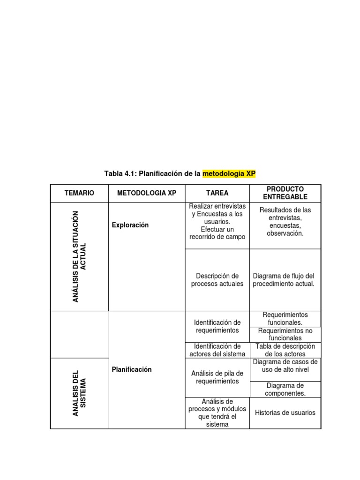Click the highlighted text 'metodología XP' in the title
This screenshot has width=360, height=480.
point(229,174)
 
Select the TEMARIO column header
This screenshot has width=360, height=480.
point(79,193)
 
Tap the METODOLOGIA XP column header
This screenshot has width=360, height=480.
point(147,193)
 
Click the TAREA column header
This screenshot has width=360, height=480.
point(217,193)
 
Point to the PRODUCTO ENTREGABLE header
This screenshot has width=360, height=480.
point(285,193)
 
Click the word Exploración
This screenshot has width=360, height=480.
point(130,225)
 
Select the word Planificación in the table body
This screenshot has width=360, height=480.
point(132,369)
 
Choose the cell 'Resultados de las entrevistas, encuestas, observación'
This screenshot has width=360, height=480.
point(285,221)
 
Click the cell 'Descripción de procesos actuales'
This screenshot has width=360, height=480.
point(217,280)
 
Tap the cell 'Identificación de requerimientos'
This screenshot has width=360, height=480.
point(217,326)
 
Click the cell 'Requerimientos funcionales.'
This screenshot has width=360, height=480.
point(285,319)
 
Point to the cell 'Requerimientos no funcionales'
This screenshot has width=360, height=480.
point(285,334)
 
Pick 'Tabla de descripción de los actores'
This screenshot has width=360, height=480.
point(285,350)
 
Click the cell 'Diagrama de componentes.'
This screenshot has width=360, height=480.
point(285,389)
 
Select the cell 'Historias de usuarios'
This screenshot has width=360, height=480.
point(285,413)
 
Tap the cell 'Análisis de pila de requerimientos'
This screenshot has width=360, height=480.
point(217,377)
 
